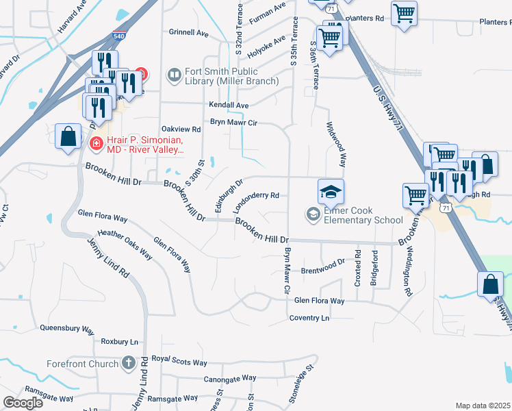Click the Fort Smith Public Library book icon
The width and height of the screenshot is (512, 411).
tap(175, 74)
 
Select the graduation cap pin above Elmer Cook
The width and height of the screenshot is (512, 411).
tap(331, 191)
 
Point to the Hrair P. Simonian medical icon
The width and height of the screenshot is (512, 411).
tap(97, 143)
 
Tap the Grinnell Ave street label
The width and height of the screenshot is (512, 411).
tap(188, 32)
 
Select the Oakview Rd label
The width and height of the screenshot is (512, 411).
tap(181, 129)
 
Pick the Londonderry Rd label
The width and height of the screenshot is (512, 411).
tap(255, 195)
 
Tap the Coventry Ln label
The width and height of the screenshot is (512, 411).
tap(309, 318)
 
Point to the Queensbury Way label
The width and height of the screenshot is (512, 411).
tap(66, 328)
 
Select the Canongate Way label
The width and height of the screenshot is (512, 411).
tap(229, 377)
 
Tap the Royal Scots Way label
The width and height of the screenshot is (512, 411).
tap(179, 361)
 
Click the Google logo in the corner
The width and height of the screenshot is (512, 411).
tap(23, 403)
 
